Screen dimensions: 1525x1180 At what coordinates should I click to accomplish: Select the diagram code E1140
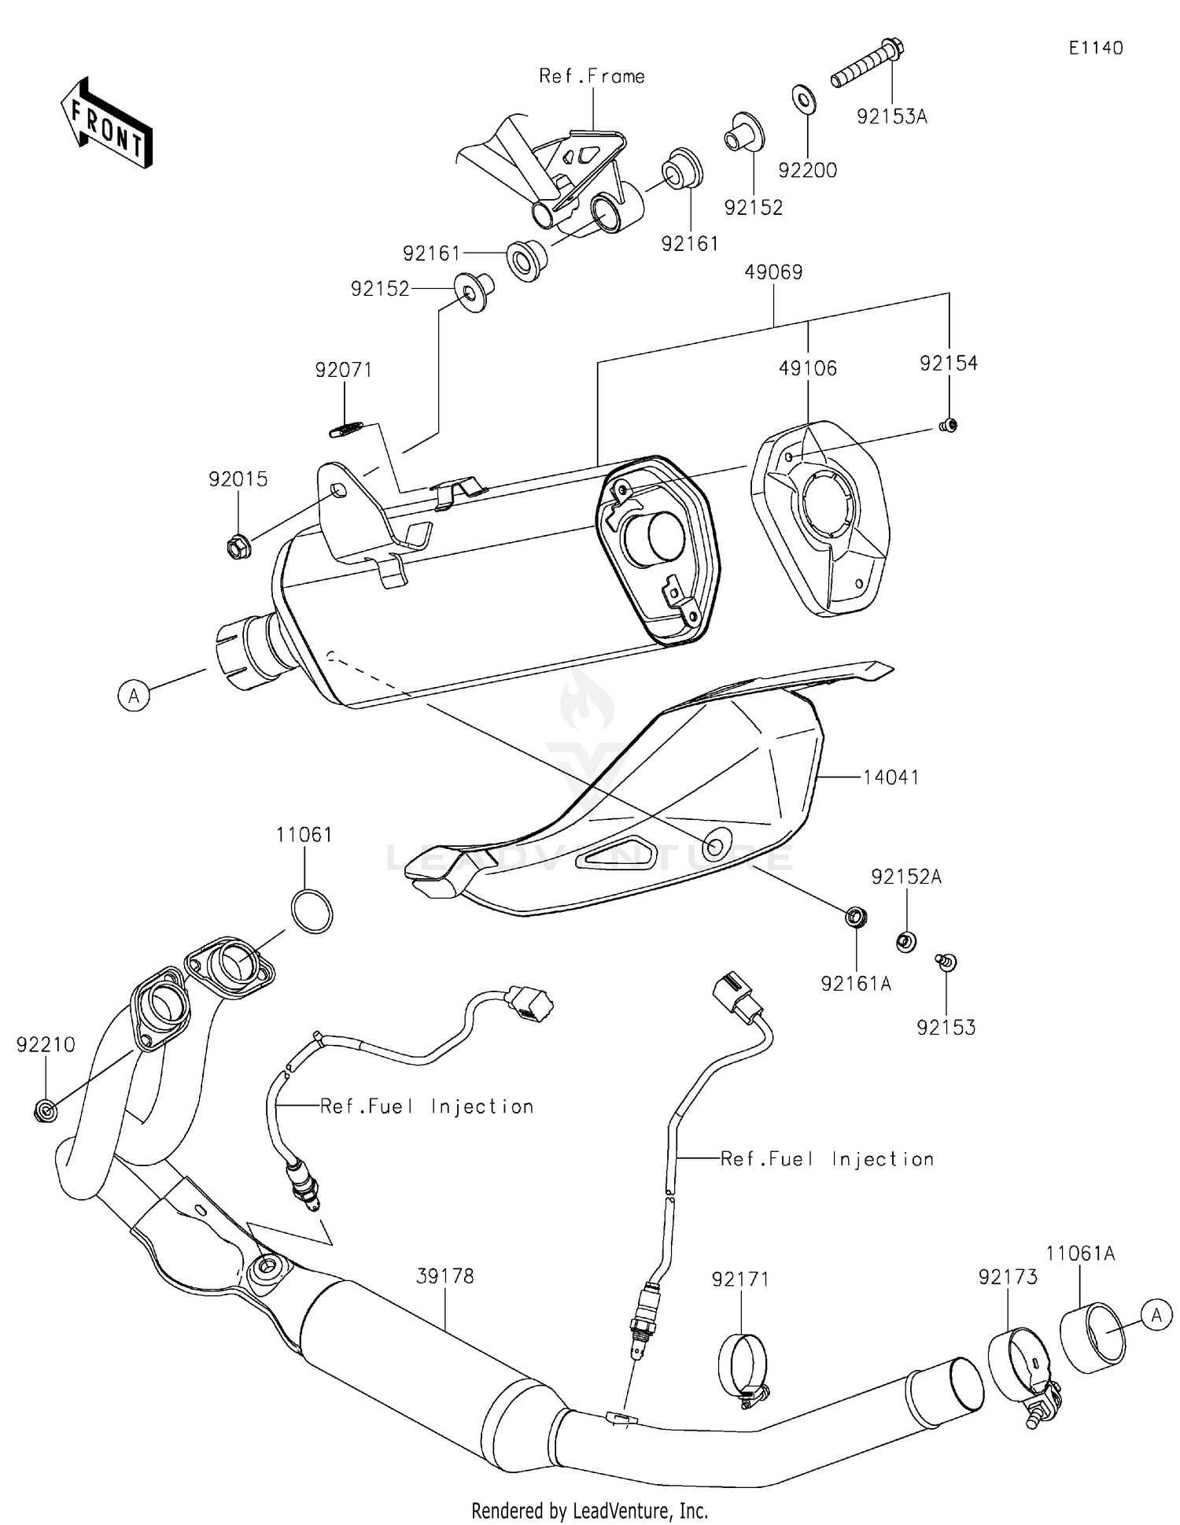(1095, 48)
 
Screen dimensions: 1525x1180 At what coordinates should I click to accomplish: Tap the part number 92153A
(891, 117)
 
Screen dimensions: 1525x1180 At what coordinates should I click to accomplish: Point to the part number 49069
(773, 272)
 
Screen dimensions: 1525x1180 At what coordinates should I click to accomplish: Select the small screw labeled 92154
(950, 426)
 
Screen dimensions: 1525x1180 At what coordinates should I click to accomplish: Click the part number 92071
(343, 370)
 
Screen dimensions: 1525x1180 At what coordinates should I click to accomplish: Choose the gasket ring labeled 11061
(312, 911)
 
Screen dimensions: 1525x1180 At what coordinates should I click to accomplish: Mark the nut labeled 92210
(46, 1111)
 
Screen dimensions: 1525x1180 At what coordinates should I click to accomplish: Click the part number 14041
(891, 777)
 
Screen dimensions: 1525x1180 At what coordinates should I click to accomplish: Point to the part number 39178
(445, 1276)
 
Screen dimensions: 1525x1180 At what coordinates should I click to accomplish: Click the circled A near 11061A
(1156, 1315)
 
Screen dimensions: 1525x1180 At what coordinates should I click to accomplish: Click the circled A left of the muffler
(134, 696)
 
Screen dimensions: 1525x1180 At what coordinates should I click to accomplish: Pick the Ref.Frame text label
(592, 76)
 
